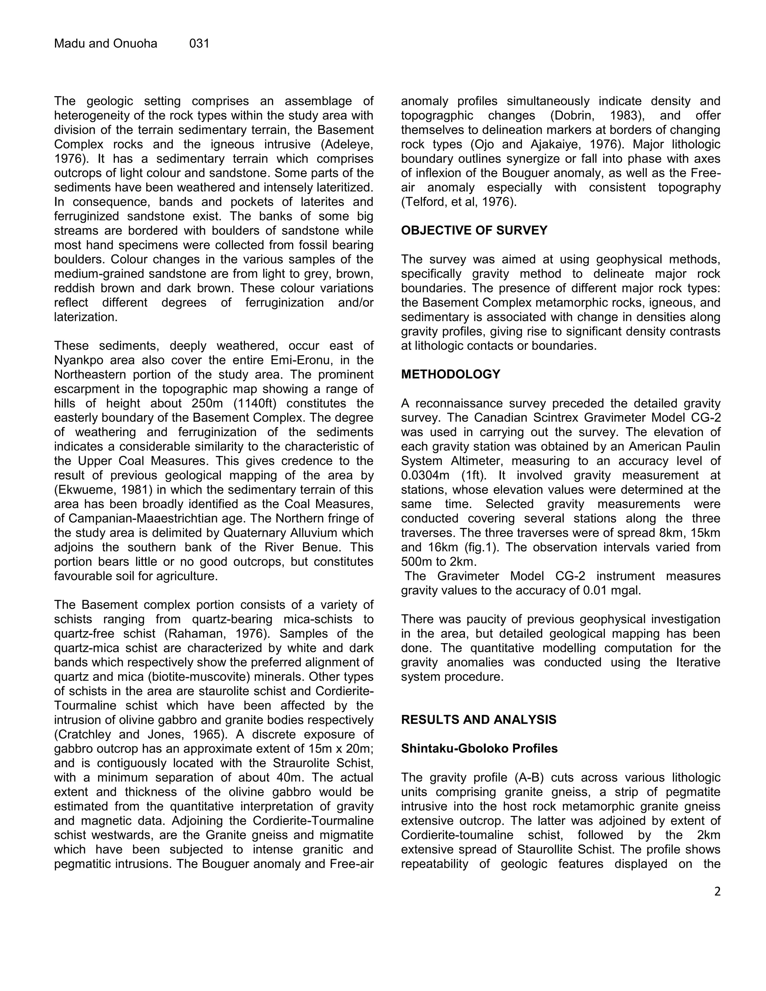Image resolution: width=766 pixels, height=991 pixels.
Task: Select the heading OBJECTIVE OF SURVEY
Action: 474,230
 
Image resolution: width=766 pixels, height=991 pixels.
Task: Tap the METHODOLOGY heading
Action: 450,374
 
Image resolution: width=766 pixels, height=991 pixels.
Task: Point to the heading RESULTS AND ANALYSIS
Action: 478,720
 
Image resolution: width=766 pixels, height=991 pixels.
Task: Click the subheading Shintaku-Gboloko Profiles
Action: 479,748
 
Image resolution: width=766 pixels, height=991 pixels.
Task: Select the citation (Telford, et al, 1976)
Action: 458,202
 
